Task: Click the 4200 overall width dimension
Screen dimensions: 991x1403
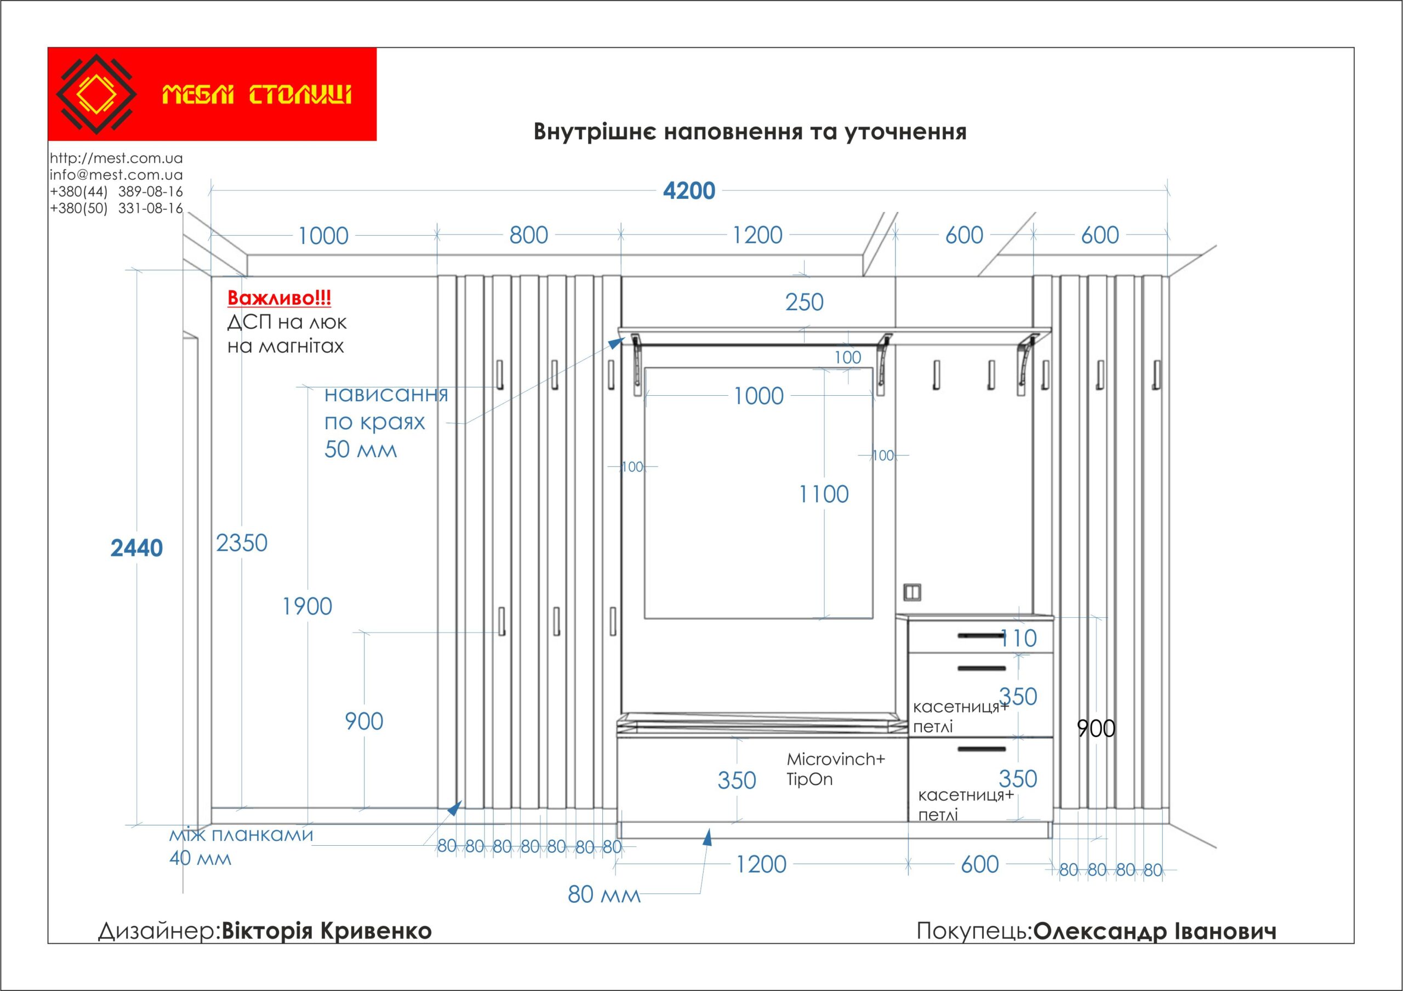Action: [x=689, y=191]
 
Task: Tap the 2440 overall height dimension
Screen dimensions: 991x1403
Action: [x=136, y=548]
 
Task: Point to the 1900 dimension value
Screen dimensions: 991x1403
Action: [x=307, y=606]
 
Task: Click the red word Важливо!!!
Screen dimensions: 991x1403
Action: [x=280, y=298]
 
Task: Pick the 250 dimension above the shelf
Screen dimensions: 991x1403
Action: [x=804, y=302]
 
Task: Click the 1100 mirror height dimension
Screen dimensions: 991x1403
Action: [x=824, y=494]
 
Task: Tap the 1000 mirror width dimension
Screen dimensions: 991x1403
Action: [x=758, y=396]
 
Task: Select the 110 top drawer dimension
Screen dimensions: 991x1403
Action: [x=1019, y=639]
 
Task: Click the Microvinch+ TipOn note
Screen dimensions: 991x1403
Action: [x=835, y=768]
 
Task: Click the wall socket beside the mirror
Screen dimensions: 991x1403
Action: [x=912, y=591]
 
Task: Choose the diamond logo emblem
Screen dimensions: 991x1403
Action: [x=96, y=94]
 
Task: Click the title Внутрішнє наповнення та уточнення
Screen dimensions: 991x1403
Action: [x=750, y=132]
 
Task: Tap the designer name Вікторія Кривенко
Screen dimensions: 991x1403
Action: [x=326, y=931]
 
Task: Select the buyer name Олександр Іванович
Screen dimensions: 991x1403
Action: [x=1155, y=931]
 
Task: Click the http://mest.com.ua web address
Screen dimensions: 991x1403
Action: [x=116, y=158]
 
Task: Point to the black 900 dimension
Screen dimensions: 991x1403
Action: [x=1096, y=728]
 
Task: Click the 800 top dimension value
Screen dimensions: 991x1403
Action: [x=528, y=235]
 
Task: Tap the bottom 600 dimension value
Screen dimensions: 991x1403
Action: [x=979, y=864]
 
